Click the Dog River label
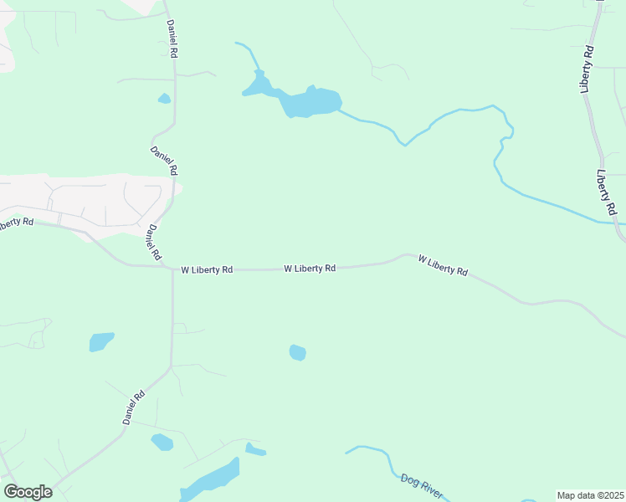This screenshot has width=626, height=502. point(421,486)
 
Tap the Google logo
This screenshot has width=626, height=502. point(28,492)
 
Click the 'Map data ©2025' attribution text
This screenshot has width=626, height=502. point(591,495)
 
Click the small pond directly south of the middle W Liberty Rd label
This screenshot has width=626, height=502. point(297,352)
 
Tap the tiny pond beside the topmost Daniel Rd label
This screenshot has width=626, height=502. point(164,99)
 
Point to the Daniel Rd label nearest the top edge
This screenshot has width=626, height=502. point(172,38)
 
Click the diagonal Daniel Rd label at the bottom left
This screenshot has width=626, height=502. point(134,407)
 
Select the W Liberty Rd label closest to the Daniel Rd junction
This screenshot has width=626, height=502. point(207,270)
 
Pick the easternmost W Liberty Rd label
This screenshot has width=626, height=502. point(443,265)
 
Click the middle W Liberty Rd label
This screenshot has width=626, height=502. point(310,269)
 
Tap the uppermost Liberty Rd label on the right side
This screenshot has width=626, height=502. point(588,69)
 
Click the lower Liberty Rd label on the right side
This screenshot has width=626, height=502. point(607,192)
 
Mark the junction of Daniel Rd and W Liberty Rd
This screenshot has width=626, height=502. point(172,269)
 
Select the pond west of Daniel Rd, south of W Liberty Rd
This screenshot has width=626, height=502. point(101,341)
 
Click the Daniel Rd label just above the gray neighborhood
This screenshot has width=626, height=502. point(164,161)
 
